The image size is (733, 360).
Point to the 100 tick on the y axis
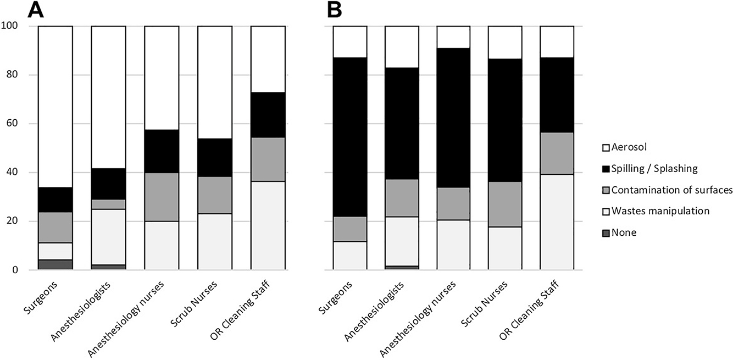point(10,26)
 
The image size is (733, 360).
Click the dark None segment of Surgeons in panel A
point(55,264)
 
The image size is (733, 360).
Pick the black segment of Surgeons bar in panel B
point(350,137)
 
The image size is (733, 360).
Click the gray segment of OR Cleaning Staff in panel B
point(557,153)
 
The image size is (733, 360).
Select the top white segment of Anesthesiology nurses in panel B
point(453,37)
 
